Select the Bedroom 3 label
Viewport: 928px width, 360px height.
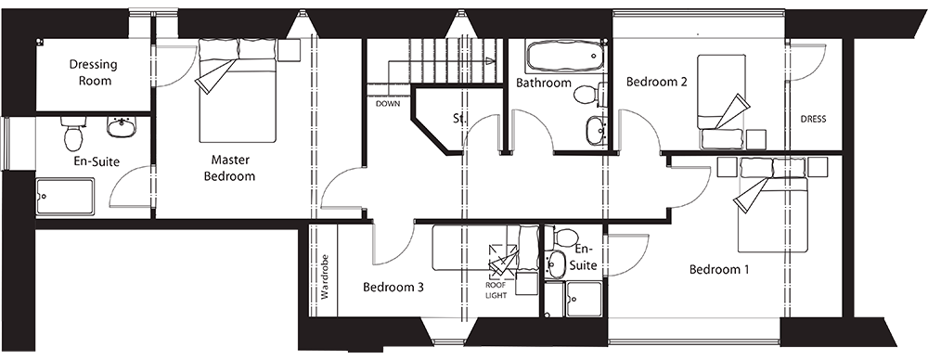(393, 288)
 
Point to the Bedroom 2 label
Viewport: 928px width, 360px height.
(656, 82)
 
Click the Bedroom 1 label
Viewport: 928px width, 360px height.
(719, 270)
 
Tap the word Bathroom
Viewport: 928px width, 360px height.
(544, 84)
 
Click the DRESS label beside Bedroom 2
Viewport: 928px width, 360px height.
(813, 120)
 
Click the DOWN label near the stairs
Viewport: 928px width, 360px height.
(387, 104)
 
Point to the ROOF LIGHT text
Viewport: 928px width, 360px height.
(496, 290)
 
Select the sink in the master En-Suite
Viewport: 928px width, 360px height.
(121, 125)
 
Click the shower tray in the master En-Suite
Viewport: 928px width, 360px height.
(65, 197)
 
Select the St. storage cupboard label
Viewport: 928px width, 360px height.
(458, 119)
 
